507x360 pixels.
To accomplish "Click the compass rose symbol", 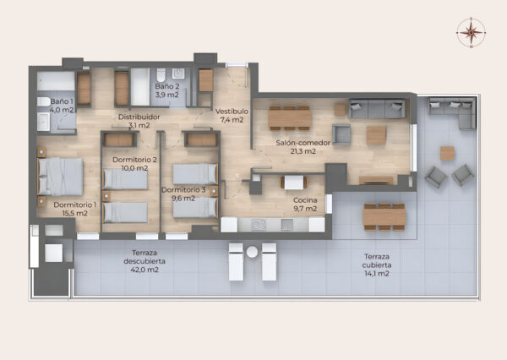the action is click(x=472, y=32).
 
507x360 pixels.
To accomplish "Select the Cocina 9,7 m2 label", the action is click(x=305, y=205).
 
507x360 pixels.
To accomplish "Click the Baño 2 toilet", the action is click(x=161, y=75).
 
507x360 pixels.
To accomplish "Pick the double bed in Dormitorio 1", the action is click(x=61, y=177).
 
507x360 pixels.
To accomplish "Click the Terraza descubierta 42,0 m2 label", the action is click(x=144, y=261).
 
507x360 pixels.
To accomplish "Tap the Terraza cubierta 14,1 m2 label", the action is click(x=377, y=265).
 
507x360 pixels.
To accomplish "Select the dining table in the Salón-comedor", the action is click(x=289, y=118).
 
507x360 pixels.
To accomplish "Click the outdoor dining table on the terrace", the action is click(x=384, y=216).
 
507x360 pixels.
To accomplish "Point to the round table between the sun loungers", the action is click(x=252, y=252).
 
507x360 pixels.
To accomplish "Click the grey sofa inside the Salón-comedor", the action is click(x=377, y=109).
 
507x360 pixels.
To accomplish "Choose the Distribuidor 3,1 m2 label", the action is click(x=139, y=121).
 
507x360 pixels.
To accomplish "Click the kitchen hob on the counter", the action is click(x=259, y=225).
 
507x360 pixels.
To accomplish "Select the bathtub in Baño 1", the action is click(x=56, y=80).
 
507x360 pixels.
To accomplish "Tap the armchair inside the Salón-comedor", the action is click(x=341, y=134).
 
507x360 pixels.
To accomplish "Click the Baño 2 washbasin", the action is click(x=178, y=74).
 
